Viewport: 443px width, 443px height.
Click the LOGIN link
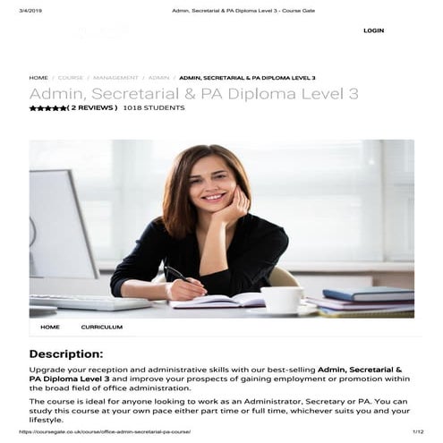[x=373, y=30]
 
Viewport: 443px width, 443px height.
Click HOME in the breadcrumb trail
[x=38, y=78]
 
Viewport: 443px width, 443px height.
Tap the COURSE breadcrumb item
[x=71, y=78]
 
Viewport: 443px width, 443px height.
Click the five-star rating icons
[x=47, y=108]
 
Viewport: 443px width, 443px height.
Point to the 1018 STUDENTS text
[x=154, y=108]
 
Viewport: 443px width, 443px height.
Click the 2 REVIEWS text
[x=92, y=108]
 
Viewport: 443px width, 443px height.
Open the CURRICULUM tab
[x=101, y=328]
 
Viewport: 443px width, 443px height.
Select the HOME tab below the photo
[x=50, y=328]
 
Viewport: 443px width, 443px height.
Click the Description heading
[x=65, y=354]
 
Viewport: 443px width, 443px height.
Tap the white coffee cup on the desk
[x=282, y=299]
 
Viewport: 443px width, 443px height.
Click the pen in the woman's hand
[x=176, y=276]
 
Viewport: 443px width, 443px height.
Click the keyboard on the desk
[x=89, y=302]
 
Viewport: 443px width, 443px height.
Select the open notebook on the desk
[x=219, y=302]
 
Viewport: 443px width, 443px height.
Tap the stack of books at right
[x=367, y=299]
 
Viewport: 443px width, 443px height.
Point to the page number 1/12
[x=417, y=432]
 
